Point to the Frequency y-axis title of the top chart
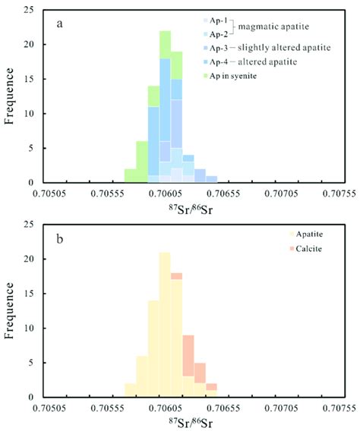pos(10,95)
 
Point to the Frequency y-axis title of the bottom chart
pos(10,310)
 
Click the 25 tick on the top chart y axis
pos(30,10)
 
